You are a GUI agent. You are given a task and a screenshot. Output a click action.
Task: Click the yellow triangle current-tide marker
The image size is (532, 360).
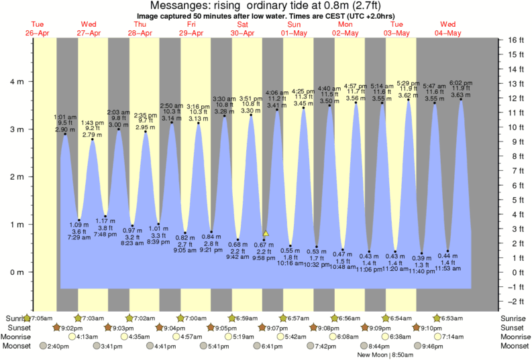[x=266, y=233]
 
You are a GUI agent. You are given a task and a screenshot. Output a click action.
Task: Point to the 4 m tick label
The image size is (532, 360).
[x=16, y=82]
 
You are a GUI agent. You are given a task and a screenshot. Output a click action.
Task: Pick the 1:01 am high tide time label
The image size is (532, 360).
[x=64, y=117]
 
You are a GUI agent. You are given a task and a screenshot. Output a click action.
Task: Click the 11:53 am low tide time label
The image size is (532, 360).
[x=447, y=268]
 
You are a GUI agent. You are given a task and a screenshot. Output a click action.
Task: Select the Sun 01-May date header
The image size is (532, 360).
[x=294, y=29]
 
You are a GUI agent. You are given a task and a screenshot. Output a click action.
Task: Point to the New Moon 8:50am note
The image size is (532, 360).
[x=384, y=354]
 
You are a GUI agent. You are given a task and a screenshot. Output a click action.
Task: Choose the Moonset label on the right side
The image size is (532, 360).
[x=515, y=346]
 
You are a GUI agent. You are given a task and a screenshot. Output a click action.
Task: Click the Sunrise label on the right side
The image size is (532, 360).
[x=515, y=317]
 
